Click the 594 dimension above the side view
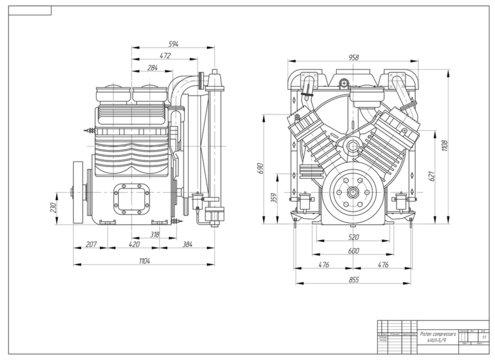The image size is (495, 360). pos(174,44)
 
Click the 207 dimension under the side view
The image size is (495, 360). pos(90,243)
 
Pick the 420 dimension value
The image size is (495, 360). pos(133,243)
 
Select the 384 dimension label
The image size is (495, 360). pos(187,243)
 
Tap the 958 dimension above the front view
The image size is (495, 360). pos(353,57)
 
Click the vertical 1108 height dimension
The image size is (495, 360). pos(445,147)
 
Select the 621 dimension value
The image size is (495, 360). pos(432,176)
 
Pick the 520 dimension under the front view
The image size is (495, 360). pos(353,239)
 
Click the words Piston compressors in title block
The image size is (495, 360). pos(437,336)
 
